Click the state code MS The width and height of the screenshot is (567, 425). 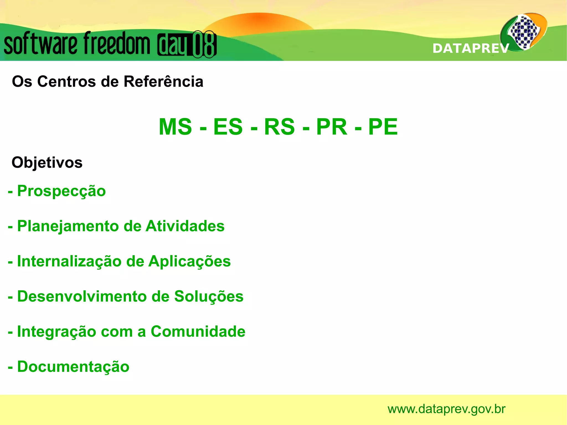pos(175,127)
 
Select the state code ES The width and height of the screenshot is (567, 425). pos(228,127)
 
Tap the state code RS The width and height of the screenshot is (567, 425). pos(279,127)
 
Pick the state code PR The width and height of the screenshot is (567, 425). pos(331,127)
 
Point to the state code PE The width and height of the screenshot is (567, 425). pos(383,127)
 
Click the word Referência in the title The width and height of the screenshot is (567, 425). pos(163,82)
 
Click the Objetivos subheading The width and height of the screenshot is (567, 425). pos(47,163)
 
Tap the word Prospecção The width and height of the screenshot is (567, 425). pos(61,191)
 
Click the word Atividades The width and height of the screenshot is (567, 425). pos(185,226)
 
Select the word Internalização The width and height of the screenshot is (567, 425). pos(69,261)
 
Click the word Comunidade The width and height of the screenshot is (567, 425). pos(198,331)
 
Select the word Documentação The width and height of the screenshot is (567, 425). pos(73,367)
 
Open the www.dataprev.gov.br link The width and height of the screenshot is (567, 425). pos(446,409)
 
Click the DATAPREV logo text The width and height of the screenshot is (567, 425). pos(471,48)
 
